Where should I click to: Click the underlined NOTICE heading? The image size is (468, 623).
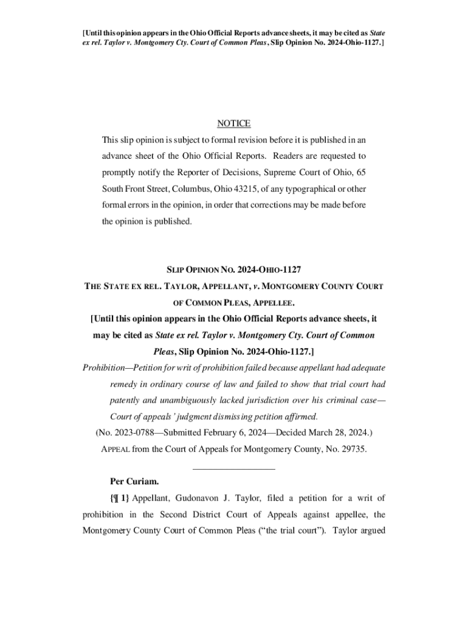click(233, 124)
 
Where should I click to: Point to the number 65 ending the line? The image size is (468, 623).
click(361, 172)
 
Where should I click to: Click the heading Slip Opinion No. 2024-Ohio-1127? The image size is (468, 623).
click(233, 269)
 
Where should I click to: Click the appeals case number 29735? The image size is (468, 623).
click(350, 449)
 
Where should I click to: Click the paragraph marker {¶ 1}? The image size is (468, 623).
click(120, 498)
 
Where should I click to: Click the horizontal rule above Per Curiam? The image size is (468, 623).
click(233, 468)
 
